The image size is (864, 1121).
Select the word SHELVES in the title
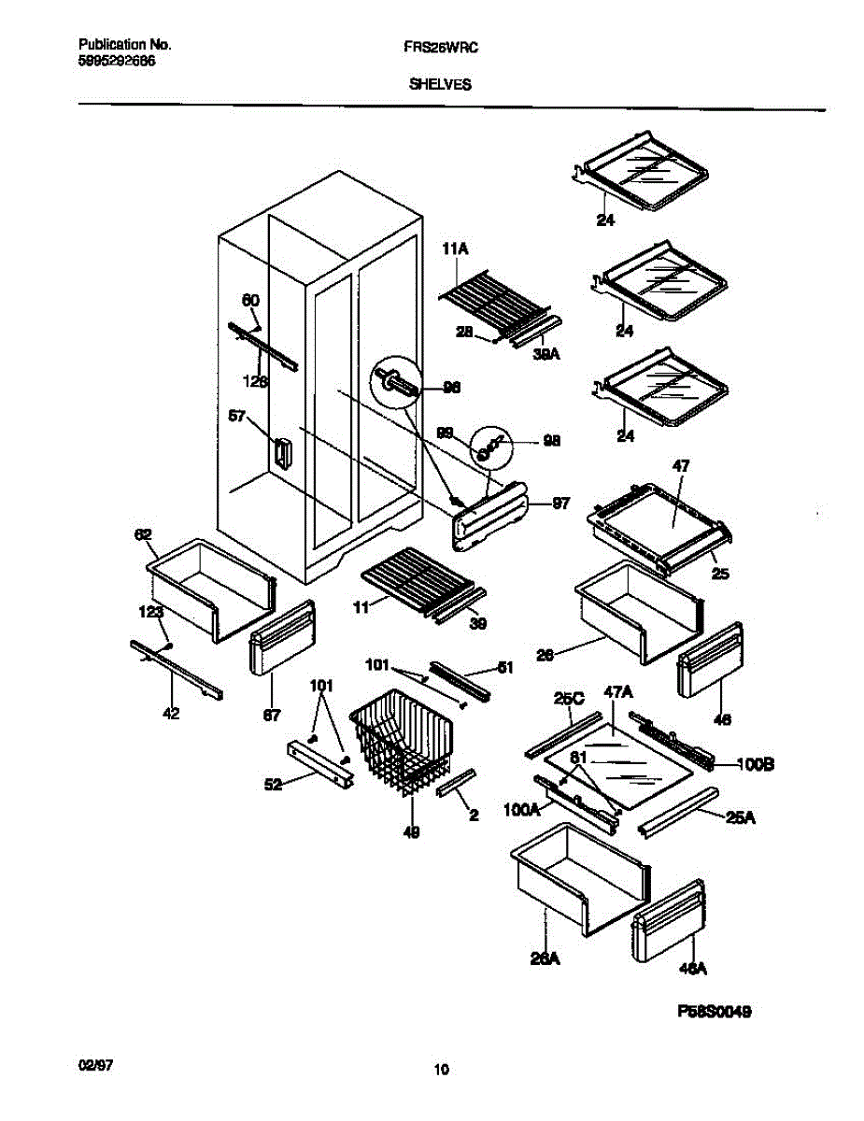point(439,83)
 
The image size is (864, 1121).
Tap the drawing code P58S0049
point(714,1011)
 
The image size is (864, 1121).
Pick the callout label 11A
point(454,250)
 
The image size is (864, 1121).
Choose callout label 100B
point(755,764)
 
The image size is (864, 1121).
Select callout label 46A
point(692,971)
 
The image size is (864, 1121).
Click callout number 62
point(143,534)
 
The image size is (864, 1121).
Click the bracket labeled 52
point(319,763)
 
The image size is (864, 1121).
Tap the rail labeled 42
point(177,669)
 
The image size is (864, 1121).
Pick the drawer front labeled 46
point(713,660)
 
